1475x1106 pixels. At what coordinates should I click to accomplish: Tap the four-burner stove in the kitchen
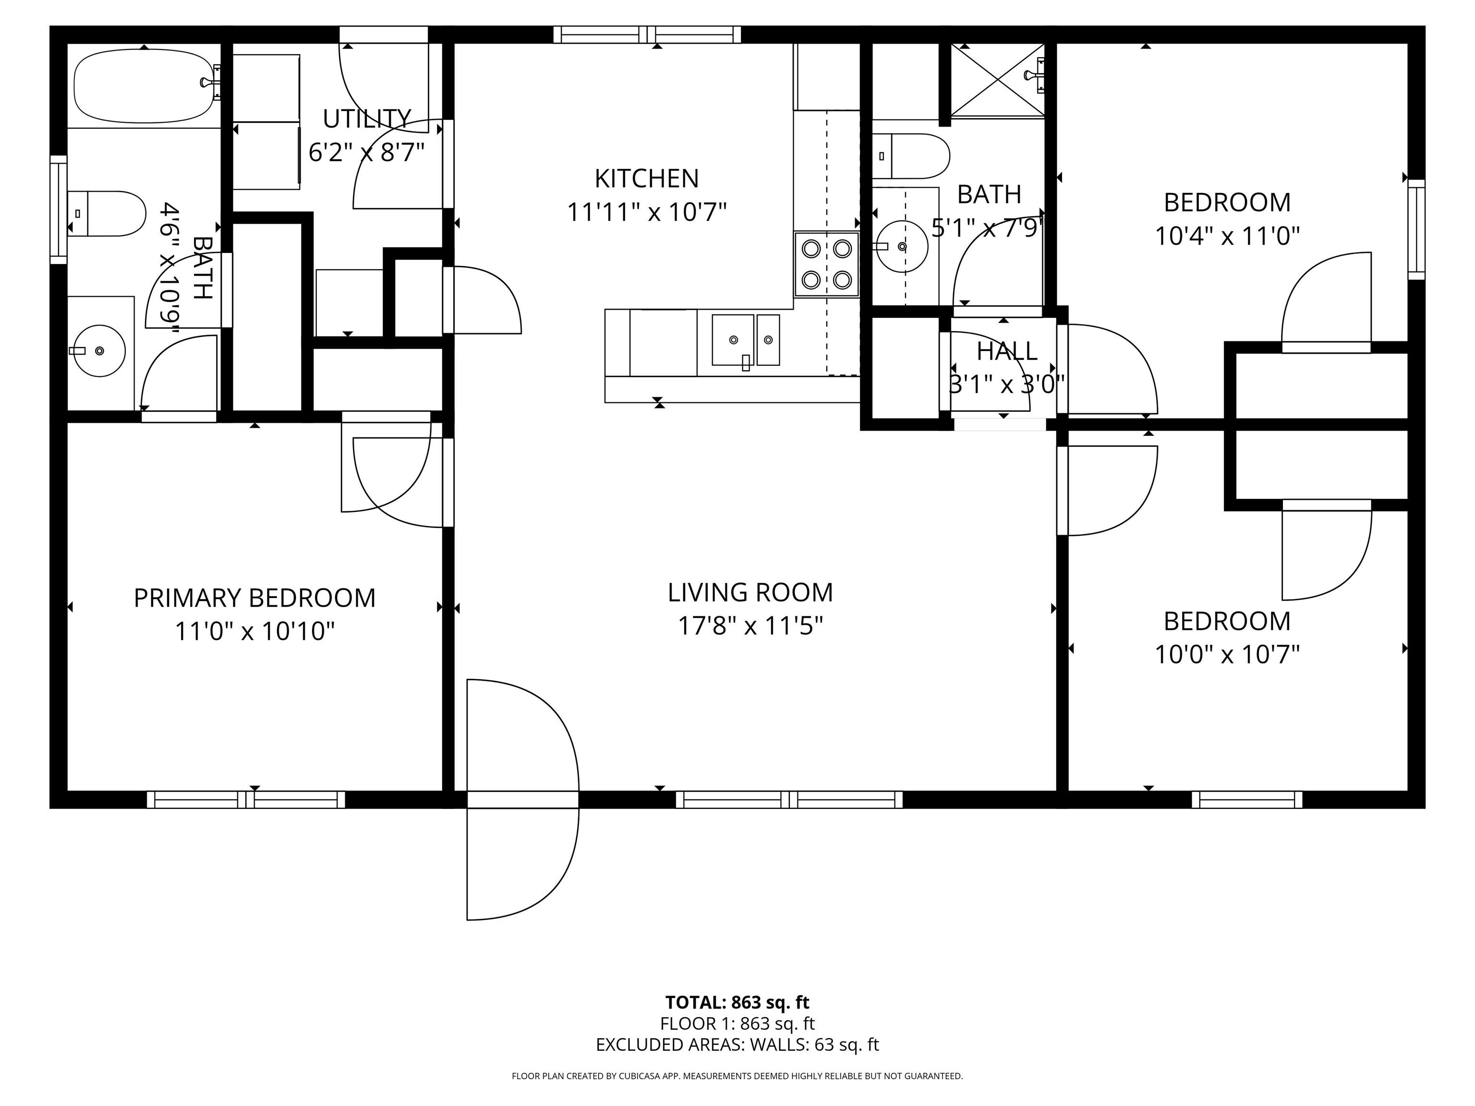point(826,264)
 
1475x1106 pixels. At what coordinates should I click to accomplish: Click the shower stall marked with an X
point(997,80)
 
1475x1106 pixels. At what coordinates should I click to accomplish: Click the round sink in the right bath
point(902,247)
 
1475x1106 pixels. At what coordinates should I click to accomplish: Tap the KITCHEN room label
point(646,179)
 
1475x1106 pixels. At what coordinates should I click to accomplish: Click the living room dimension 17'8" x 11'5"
point(750,626)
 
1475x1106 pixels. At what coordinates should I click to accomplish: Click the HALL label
point(1007,351)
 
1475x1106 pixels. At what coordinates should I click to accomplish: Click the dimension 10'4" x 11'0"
point(1227,236)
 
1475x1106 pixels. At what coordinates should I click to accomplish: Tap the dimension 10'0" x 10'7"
point(1227,655)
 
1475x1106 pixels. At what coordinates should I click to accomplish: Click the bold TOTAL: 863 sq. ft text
point(737,1002)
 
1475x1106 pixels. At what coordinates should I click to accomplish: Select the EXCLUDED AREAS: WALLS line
point(737,1045)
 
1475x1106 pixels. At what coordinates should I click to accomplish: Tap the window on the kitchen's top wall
point(647,35)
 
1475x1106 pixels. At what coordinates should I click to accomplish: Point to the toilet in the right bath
point(910,156)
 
